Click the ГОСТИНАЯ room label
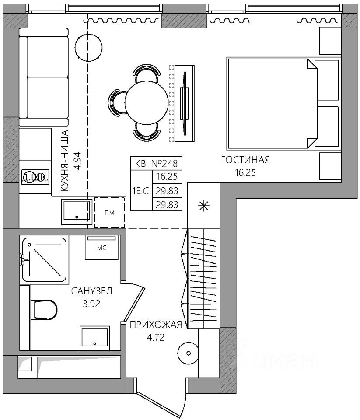pyautogui.click(x=245, y=160)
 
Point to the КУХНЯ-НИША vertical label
pyautogui.click(x=64, y=162)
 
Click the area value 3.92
pyautogui.click(x=92, y=304)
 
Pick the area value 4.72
pyautogui.click(x=155, y=338)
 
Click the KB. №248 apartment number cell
pyautogui.click(x=156, y=164)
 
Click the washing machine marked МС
pyautogui.click(x=102, y=248)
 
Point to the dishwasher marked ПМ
pyautogui.click(x=110, y=212)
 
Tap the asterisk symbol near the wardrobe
pyautogui.click(x=203, y=206)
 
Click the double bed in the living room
pyautogui.click(x=271, y=103)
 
